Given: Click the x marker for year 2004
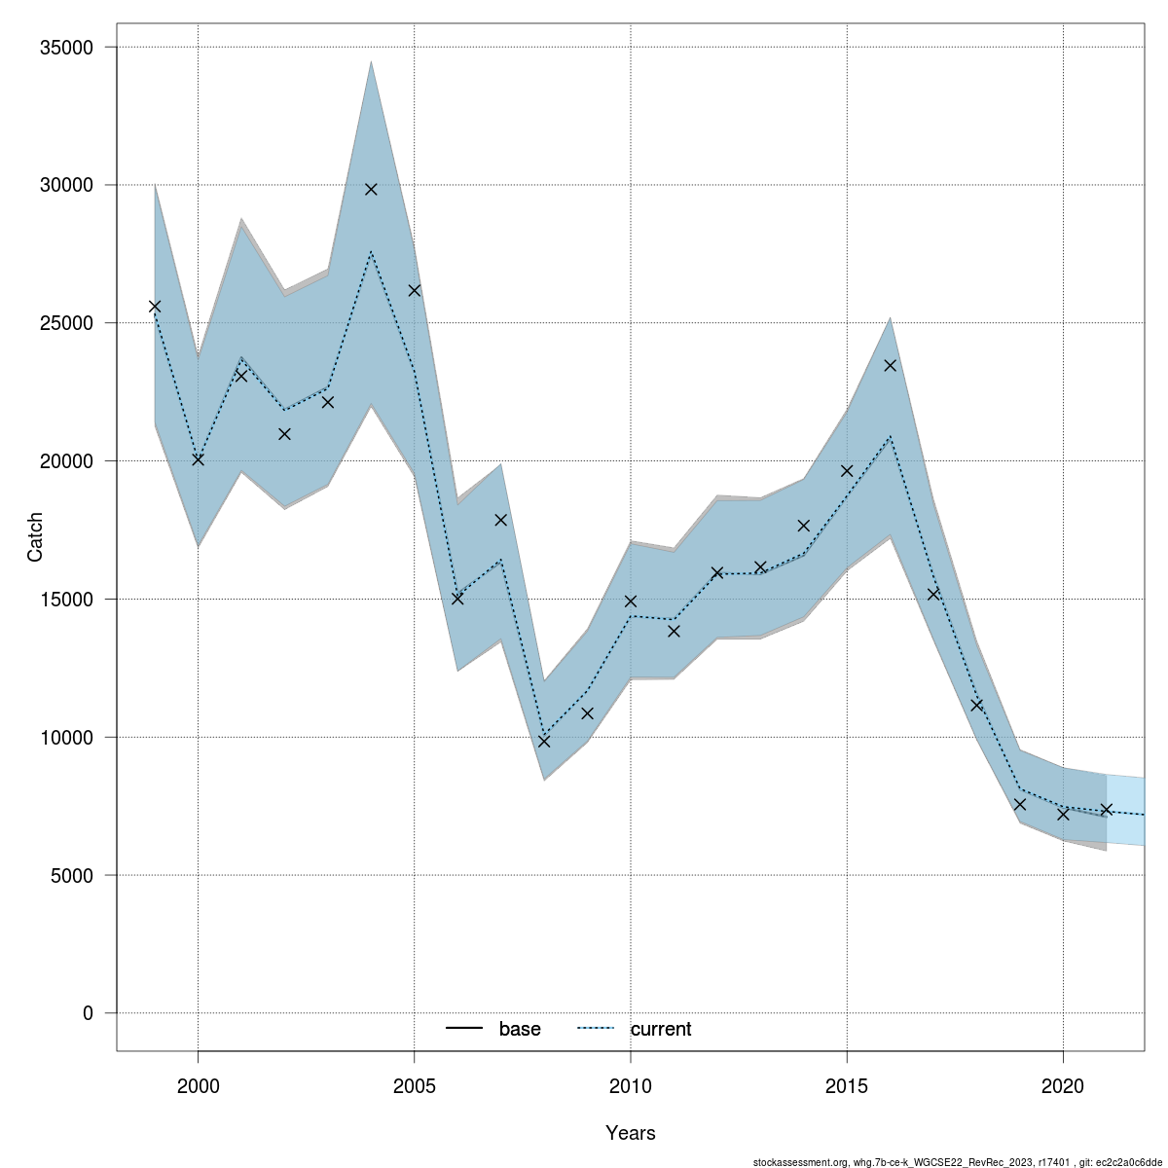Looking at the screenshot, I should coord(371,189).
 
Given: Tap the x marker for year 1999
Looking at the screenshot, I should coord(155,307).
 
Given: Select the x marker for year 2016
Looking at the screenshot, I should coord(890,365).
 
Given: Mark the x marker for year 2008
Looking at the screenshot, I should coord(544,742).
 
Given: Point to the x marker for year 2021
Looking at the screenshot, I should coord(1106,810).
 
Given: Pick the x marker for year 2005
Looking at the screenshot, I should coord(414,290).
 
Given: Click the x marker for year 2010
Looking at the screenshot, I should coord(631,602).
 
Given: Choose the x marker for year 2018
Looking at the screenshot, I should coord(976,705).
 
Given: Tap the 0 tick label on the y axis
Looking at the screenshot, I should coord(89,1013).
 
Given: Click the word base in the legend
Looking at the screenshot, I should coord(520,1029).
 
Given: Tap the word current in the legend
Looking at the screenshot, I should coord(661,1029).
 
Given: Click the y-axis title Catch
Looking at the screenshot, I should coord(35,537).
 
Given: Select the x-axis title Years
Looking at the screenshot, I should coord(631,1133).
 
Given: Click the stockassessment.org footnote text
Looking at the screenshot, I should coord(958,1162).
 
